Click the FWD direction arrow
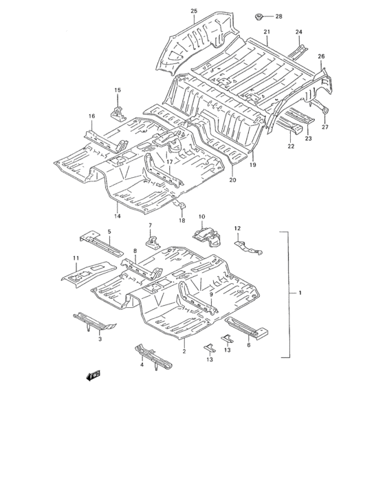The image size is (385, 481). (x=93, y=375)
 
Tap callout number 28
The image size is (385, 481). (x=278, y=16)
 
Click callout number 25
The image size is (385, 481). (x=194, y=12)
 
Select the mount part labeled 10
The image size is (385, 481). (x=207, y=237)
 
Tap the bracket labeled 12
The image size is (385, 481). (x=249, y=246)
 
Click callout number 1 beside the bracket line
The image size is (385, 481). (x=300, y=293)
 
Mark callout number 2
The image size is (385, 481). (x=184, y=351)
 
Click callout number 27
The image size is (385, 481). (x=325, y=126)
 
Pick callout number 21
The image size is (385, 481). (x=266, y=32)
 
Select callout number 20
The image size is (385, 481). (x=232, y=180)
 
